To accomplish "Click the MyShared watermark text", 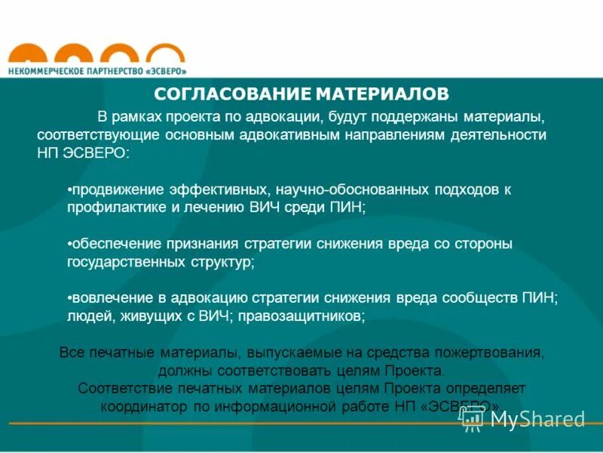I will [537, 419].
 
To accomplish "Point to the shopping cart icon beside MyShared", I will [472, 420].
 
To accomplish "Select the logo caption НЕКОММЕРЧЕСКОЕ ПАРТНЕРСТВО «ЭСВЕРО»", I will [97, 70].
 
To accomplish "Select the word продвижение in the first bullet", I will [112, 190].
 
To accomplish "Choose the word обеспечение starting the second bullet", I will [113, 244].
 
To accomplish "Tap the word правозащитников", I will [301, 316].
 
